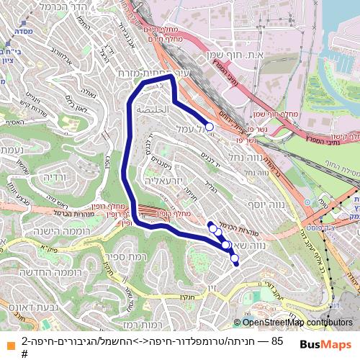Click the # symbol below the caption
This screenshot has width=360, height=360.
pos(24,354)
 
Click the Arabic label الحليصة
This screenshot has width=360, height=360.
pos(156,109)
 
